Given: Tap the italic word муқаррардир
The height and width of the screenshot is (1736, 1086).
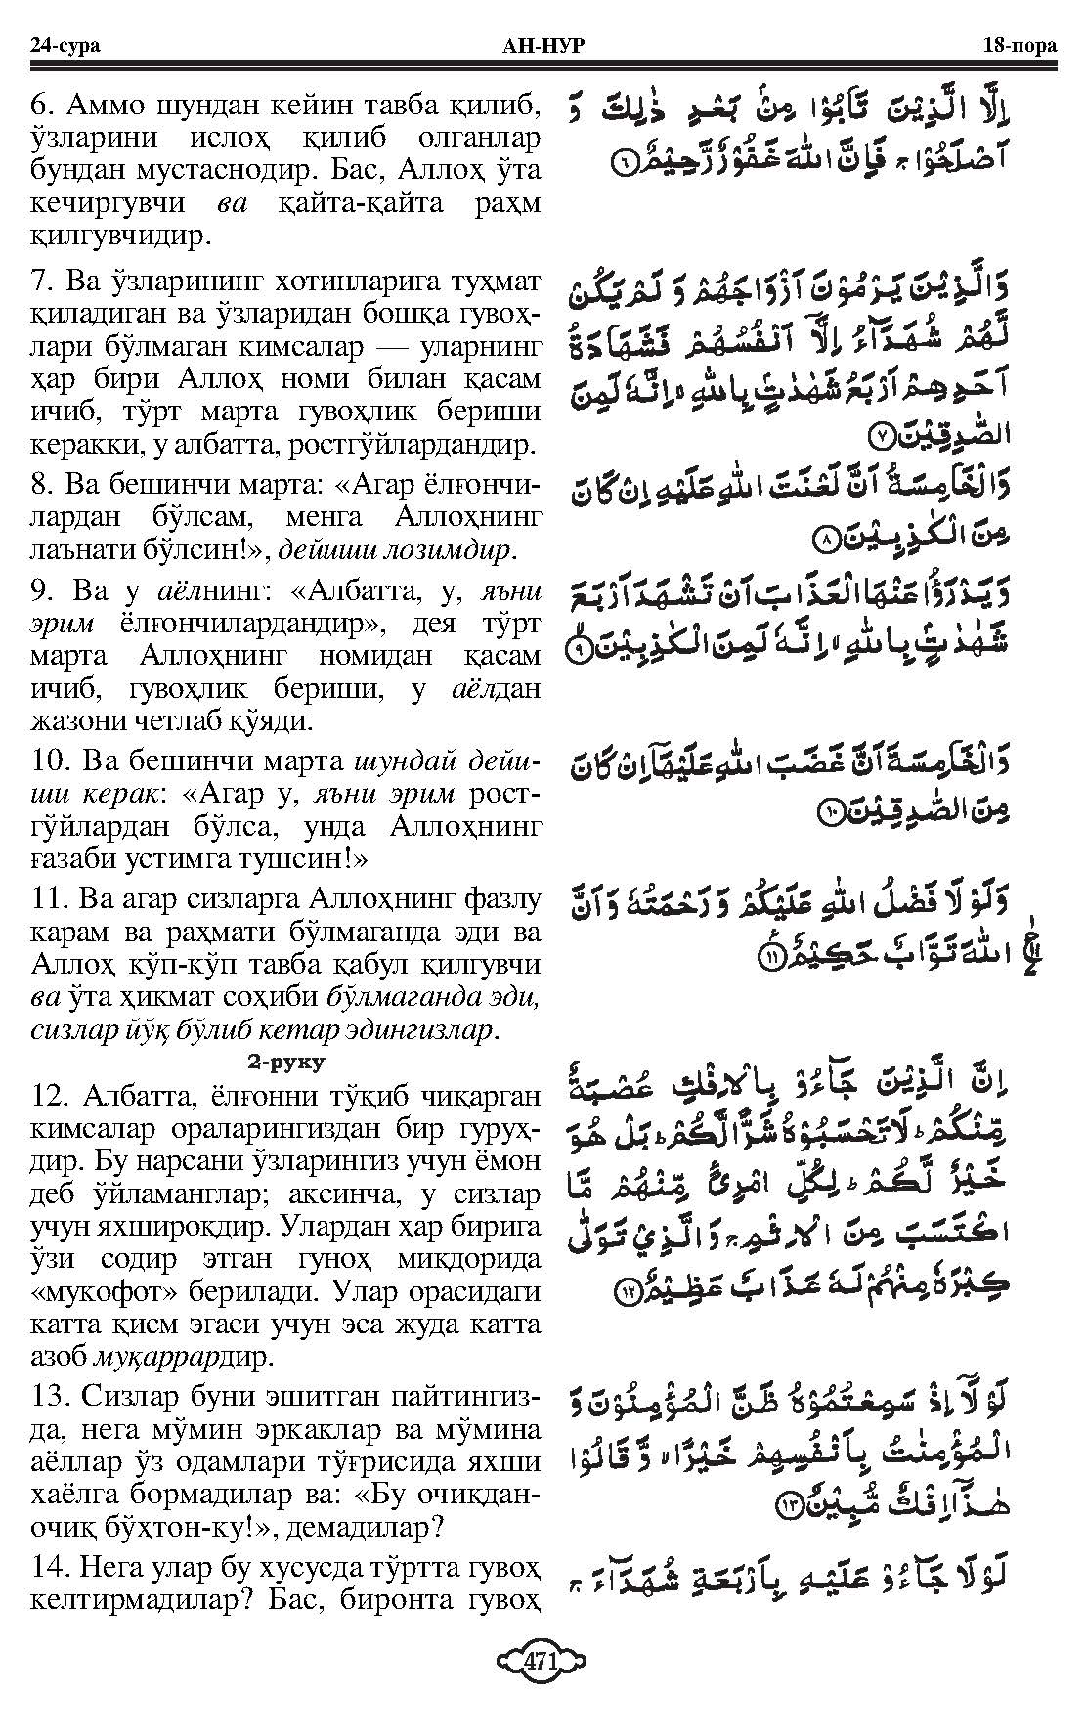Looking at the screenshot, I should [185, 1359].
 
